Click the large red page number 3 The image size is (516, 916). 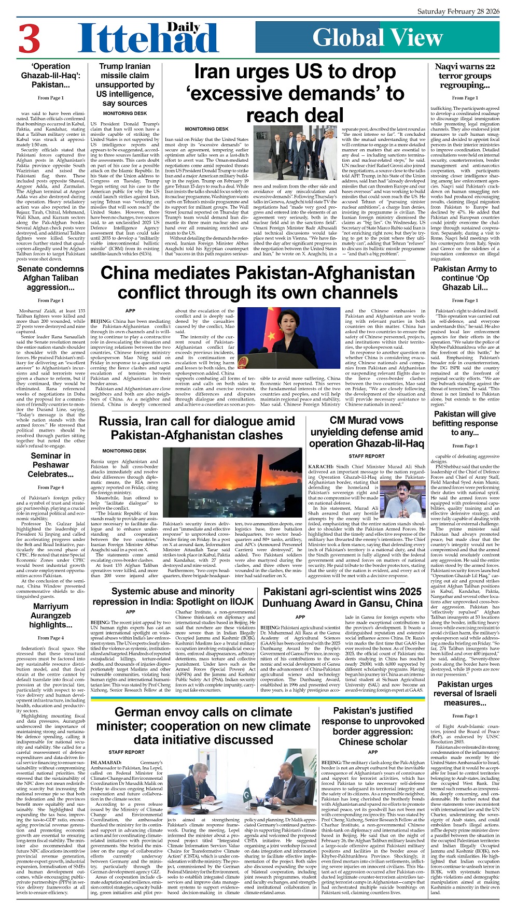pos(30,38)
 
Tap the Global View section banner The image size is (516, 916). pos(378,37)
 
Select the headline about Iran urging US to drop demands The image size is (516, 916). pos(295,93)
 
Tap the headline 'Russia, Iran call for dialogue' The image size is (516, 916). pos(197,428)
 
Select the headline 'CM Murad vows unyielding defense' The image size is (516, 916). pos(366,432)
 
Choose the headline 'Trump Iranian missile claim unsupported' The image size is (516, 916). pos(124,84)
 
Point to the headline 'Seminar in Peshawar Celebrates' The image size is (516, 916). pos(50,465)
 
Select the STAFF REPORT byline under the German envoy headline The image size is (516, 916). pos(127,752)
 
